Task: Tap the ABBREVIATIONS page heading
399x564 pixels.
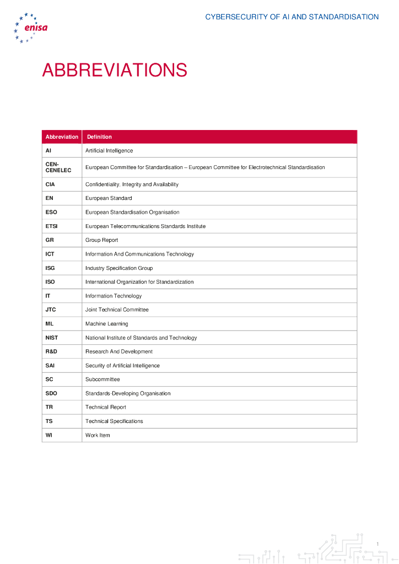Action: click(x=115, y=70)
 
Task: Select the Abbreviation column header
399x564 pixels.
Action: click(x=62, y=137)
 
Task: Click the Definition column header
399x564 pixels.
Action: click(x=99, y=137)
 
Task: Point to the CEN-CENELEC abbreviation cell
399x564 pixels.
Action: click(x=58, y=167)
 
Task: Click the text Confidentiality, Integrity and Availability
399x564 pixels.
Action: click(x=132, y=185)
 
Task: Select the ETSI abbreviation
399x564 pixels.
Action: click(x=52, y=226)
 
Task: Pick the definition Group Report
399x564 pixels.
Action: click(x=101, y=240)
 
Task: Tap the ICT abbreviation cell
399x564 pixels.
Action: click(x=50, y=254)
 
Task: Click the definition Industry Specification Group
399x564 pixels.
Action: click(x=119, y=268)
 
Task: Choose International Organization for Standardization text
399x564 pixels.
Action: click(x=139, y=282)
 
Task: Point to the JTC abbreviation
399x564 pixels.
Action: click(x=51, y=310)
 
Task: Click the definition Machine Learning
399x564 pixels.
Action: click(x=106, y=324)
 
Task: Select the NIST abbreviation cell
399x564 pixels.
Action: click(x=52, y=338)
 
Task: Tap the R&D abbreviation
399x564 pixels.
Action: click(x=51, y=351)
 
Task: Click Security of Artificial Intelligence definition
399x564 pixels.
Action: click(x=122, y=366)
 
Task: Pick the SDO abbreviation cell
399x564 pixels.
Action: click(x=51, y=393)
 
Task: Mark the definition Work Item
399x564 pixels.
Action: click(x=98, y=435)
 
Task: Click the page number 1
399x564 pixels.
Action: click(x=378, y=545)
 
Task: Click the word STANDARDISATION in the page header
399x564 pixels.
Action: click(x=343, y=17)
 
